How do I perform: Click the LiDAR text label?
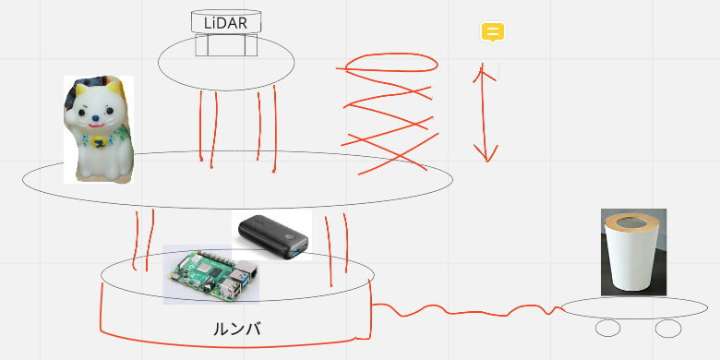tap(225, 22)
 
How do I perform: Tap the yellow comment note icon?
tap(493, 32)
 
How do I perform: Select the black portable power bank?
tap(271, 234)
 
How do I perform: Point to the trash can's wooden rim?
tap(633, 222)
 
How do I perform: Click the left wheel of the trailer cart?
tap(608, 328)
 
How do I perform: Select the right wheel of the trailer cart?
tap(667, 328)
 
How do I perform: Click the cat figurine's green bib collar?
tap(100, 140)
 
